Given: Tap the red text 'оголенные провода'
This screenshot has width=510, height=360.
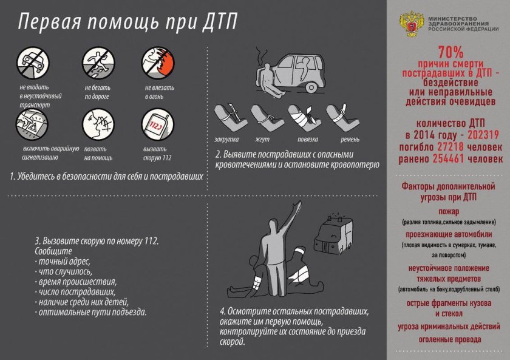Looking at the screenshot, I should click(x=448, y=339).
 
